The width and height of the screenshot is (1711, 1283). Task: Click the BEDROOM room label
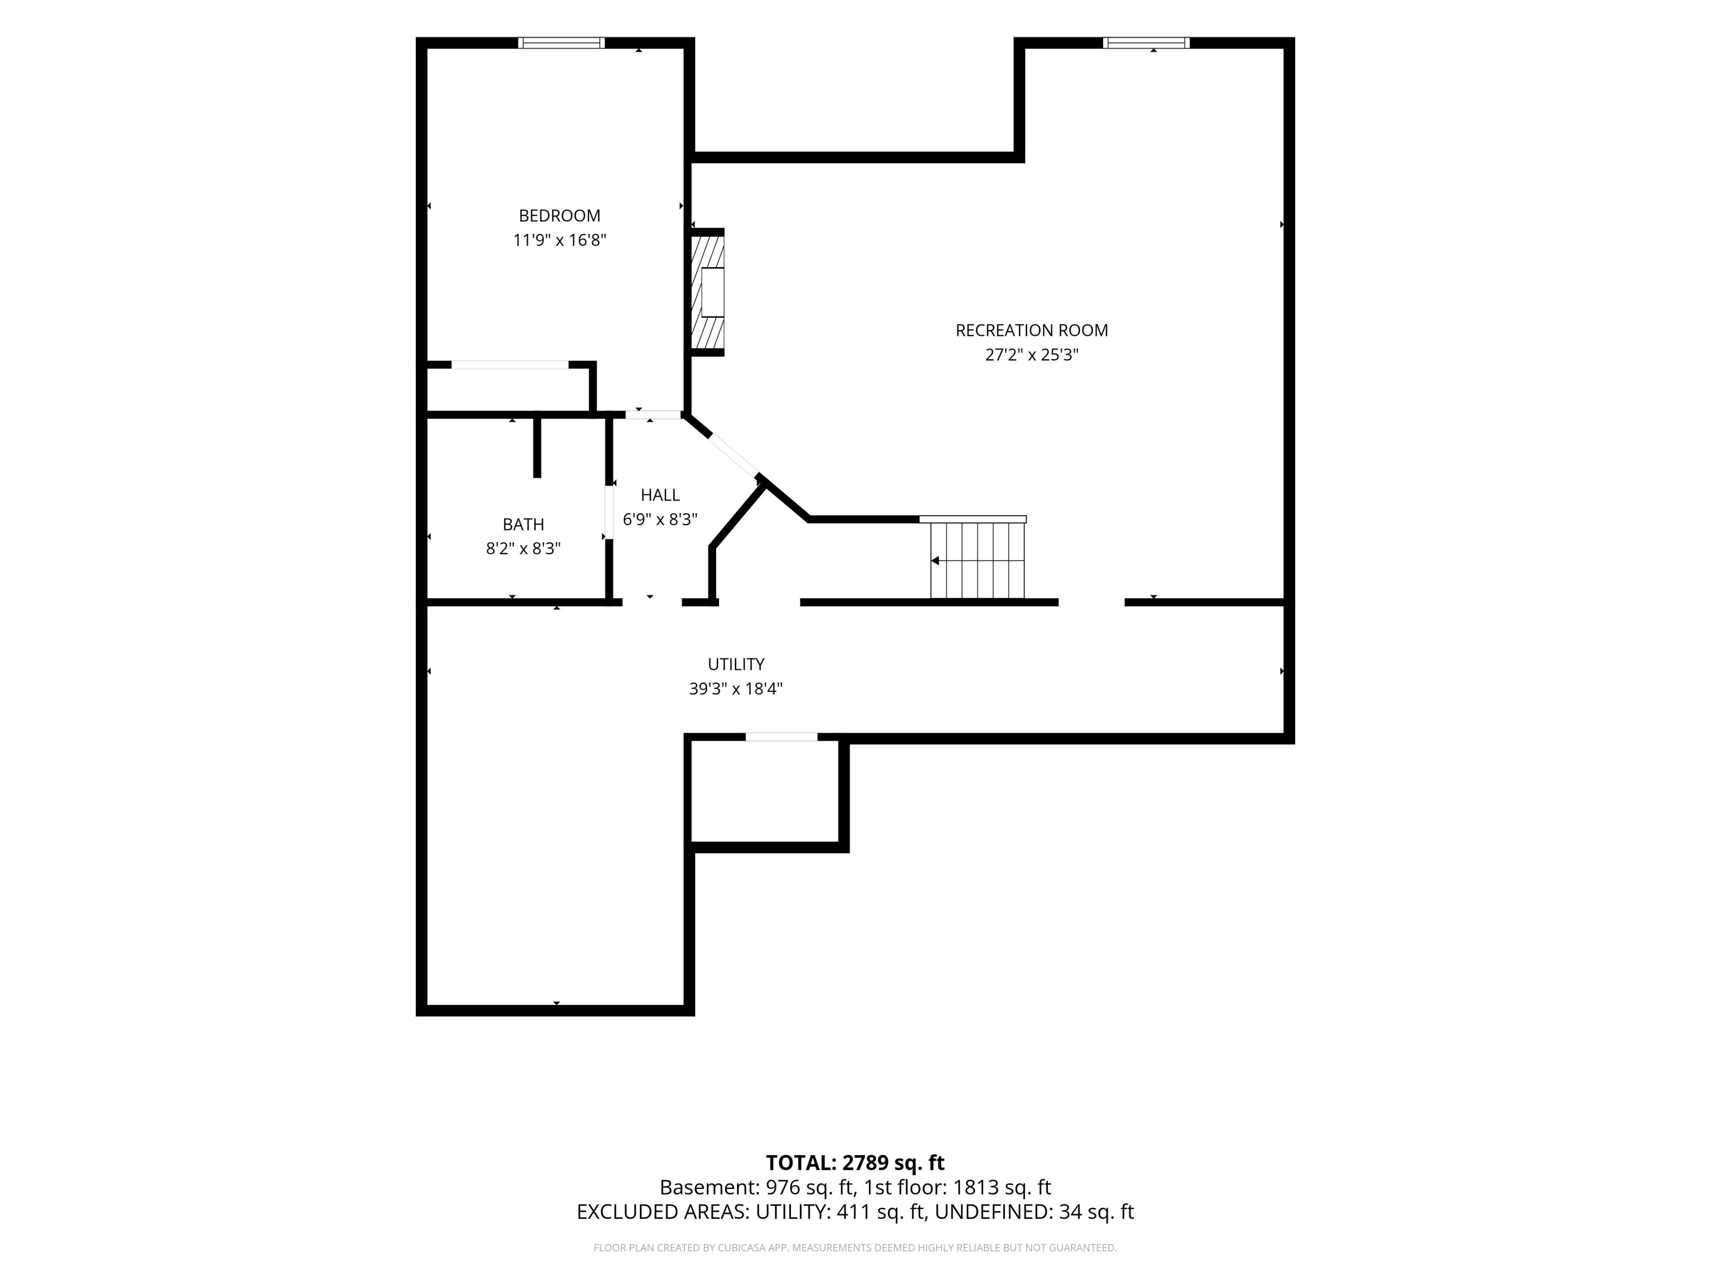coord(559,216)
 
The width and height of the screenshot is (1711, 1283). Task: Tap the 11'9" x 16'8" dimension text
coord(559,240)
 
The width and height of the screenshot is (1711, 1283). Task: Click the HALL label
coord(660,495)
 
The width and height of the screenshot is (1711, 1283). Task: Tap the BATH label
coord(523,524)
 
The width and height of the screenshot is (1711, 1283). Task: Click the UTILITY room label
coord(736,664)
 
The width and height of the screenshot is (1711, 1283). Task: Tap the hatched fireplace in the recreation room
coord(707,292)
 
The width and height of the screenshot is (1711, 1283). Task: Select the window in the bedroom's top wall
coord(561,42)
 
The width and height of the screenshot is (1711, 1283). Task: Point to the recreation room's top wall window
coord(1146,42)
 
